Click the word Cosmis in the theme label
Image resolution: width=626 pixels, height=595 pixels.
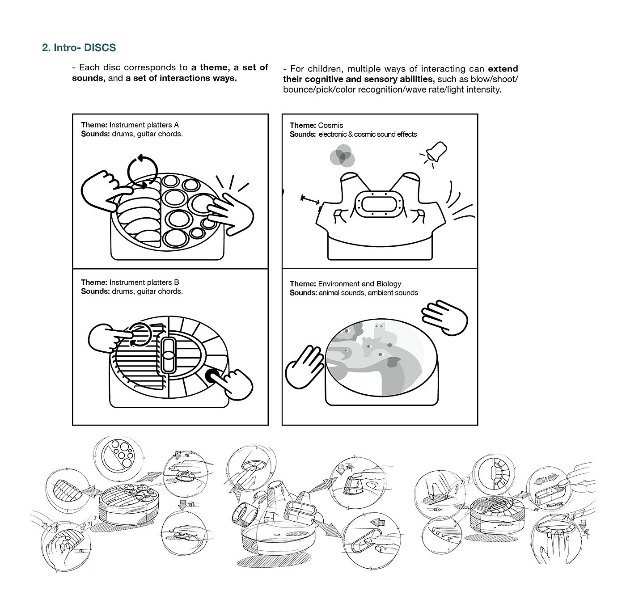[330, 125]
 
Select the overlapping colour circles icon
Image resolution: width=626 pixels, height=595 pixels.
[342, 156]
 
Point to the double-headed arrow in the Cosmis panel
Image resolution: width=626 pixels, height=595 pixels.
[310, 200]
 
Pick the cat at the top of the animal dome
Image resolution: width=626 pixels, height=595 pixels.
[379, 329]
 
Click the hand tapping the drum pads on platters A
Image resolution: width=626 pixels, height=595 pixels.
[229, 212]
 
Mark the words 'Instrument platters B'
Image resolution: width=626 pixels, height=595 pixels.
[144, 283]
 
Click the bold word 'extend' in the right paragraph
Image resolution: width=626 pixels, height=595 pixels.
[503, 69]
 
